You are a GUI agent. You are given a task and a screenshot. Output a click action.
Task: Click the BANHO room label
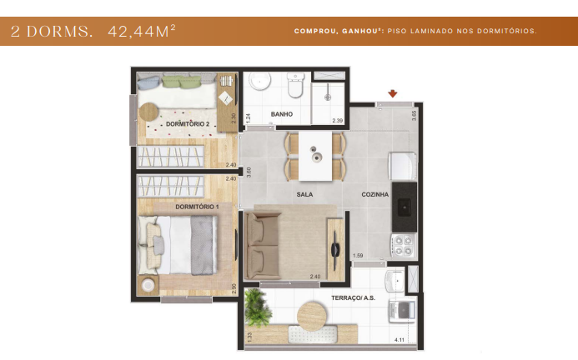[x=280, y=113]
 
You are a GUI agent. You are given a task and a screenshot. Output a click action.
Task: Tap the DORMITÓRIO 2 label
[x=186, y=123]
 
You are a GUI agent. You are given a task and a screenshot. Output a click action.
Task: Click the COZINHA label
[x=374, y=194]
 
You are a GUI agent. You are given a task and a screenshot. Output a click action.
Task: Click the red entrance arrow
[x=392, y=94]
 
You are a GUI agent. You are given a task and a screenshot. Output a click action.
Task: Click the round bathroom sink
[x=260, y=82]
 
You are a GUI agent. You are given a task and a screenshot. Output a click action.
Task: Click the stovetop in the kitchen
[x=404, y=245]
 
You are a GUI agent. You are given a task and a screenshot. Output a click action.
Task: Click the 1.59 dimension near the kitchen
[x=358, y=255]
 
